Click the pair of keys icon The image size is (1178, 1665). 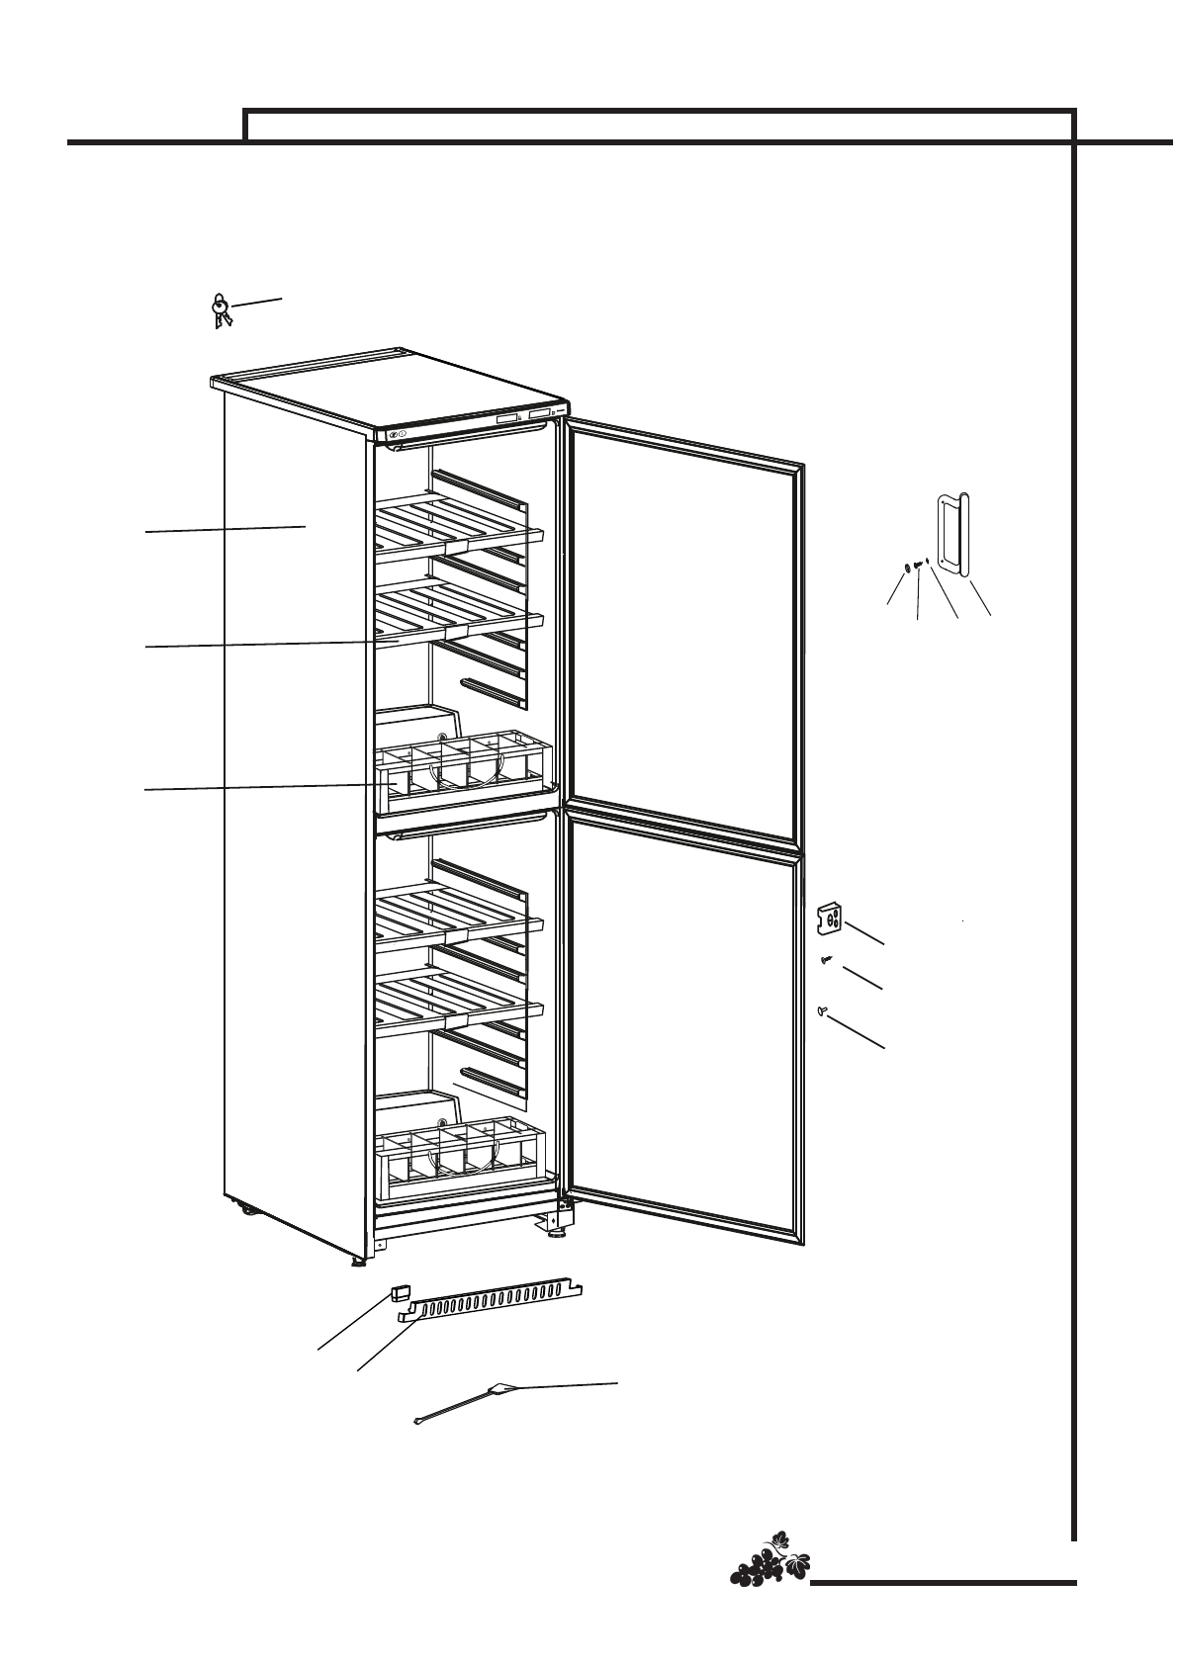point(221,310)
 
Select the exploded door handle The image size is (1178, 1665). point(952,534)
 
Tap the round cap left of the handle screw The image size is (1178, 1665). point(907,569)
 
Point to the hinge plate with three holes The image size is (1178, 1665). point(831,920)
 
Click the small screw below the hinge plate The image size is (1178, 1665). point(827,959)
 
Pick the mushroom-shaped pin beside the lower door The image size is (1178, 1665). point(823,1009)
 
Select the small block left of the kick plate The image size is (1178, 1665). point(400,1292)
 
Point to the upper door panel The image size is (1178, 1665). point(682,633)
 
